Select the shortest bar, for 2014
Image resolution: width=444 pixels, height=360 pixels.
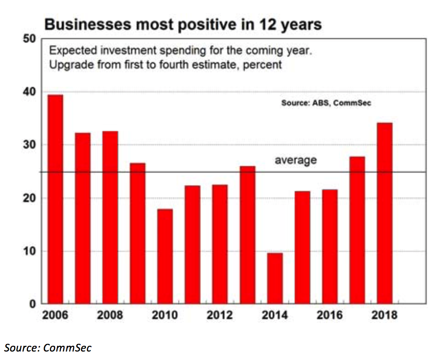click(275, 278)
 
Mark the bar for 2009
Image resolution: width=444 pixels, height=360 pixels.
click(138, 233)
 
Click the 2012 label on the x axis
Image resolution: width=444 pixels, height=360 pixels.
click(220, 315)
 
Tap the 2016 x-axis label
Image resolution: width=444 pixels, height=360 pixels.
click(329, 315)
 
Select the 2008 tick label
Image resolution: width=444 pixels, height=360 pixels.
click(110, 315)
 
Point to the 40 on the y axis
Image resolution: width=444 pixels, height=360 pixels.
click(29, 91)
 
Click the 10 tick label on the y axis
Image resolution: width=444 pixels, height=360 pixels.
click(29, 251)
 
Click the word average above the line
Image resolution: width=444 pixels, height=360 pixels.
click(296, 160)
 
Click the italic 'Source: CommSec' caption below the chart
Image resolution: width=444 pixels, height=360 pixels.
click(48, 348)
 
